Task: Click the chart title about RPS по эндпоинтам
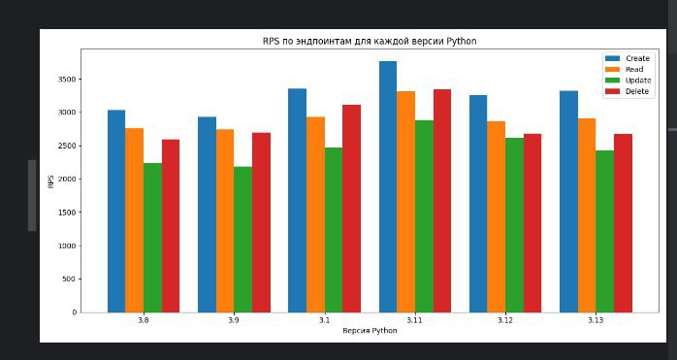(370, 42)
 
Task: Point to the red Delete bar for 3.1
(351, 208)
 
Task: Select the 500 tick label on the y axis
(69, 279)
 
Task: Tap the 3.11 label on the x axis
(414, 320)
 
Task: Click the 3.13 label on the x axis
(595, 320)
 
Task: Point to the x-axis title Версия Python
(370, 331)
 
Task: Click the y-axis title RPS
(51, 180)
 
